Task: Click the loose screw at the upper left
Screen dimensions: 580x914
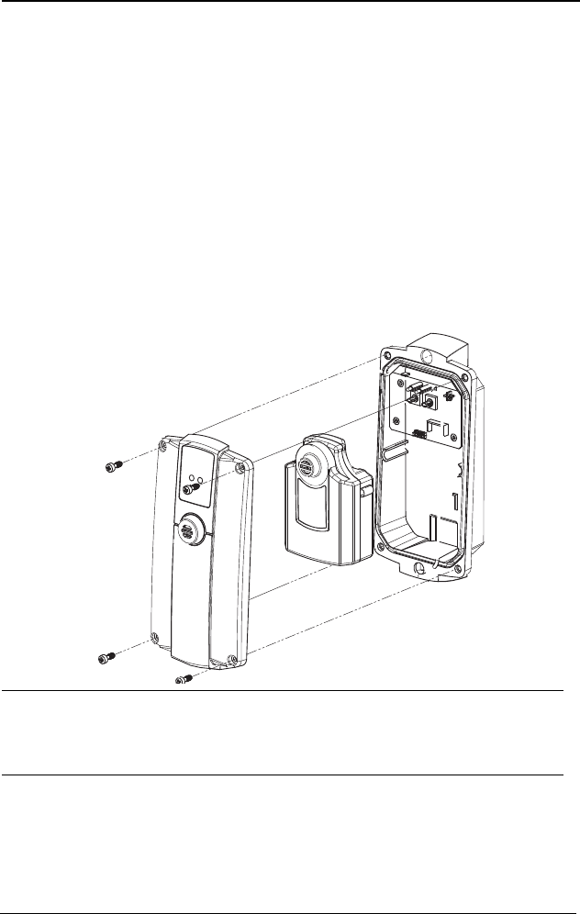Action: (x=112, y=467)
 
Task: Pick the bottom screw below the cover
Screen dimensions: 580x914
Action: (x=181, y=681)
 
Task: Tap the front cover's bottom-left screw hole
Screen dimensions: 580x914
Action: (x=154, y=637)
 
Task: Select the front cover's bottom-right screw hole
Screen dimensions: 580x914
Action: (x=229, y=659)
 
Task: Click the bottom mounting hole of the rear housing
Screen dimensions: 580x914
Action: (x=421, y=570)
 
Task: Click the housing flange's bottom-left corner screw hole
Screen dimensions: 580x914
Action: (x=377, y=549)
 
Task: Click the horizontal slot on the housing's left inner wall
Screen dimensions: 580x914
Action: (x=395, y=450)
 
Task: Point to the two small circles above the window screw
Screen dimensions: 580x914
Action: (x=195, y=479)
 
